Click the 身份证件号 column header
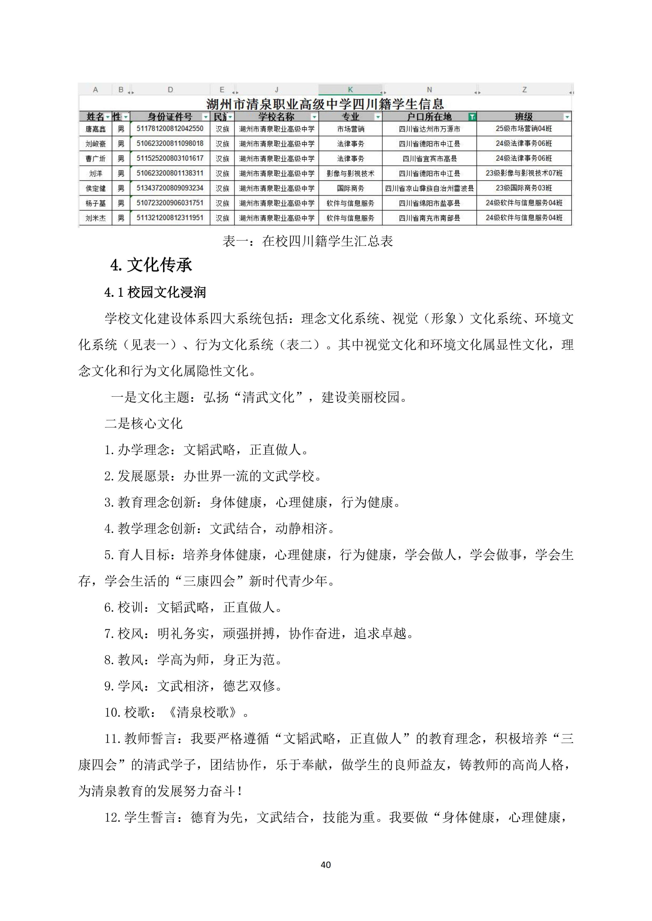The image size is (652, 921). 170,117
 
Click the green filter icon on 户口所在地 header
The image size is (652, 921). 472,117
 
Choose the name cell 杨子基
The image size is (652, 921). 95,203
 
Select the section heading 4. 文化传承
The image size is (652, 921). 151,265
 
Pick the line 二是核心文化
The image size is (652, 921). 143,424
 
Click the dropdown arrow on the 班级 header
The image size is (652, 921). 567,117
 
